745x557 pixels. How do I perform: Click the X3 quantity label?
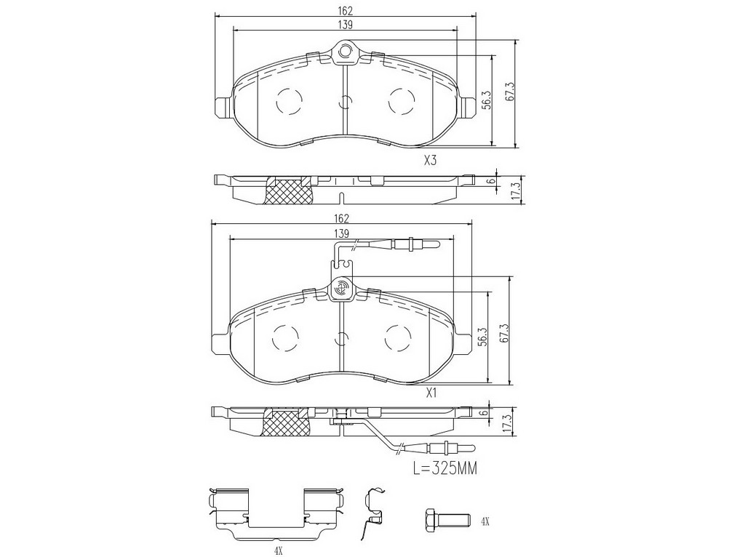pyautogui.click(x=430, y=161)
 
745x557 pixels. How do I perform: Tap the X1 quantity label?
pyautogui.click(x=431, y=393)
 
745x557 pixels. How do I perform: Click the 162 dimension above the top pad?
pyautogui.click(x=346, y=10)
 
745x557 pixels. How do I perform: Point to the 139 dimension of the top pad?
pyautogui.click(x=346, y=25)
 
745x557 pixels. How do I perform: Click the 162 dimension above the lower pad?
pyautogui.click(x=342, y=219)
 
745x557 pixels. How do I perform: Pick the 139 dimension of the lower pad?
pyautogui.click(x=342, y=233)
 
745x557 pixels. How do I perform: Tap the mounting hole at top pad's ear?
pyautogui.click(x=346, y=49)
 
